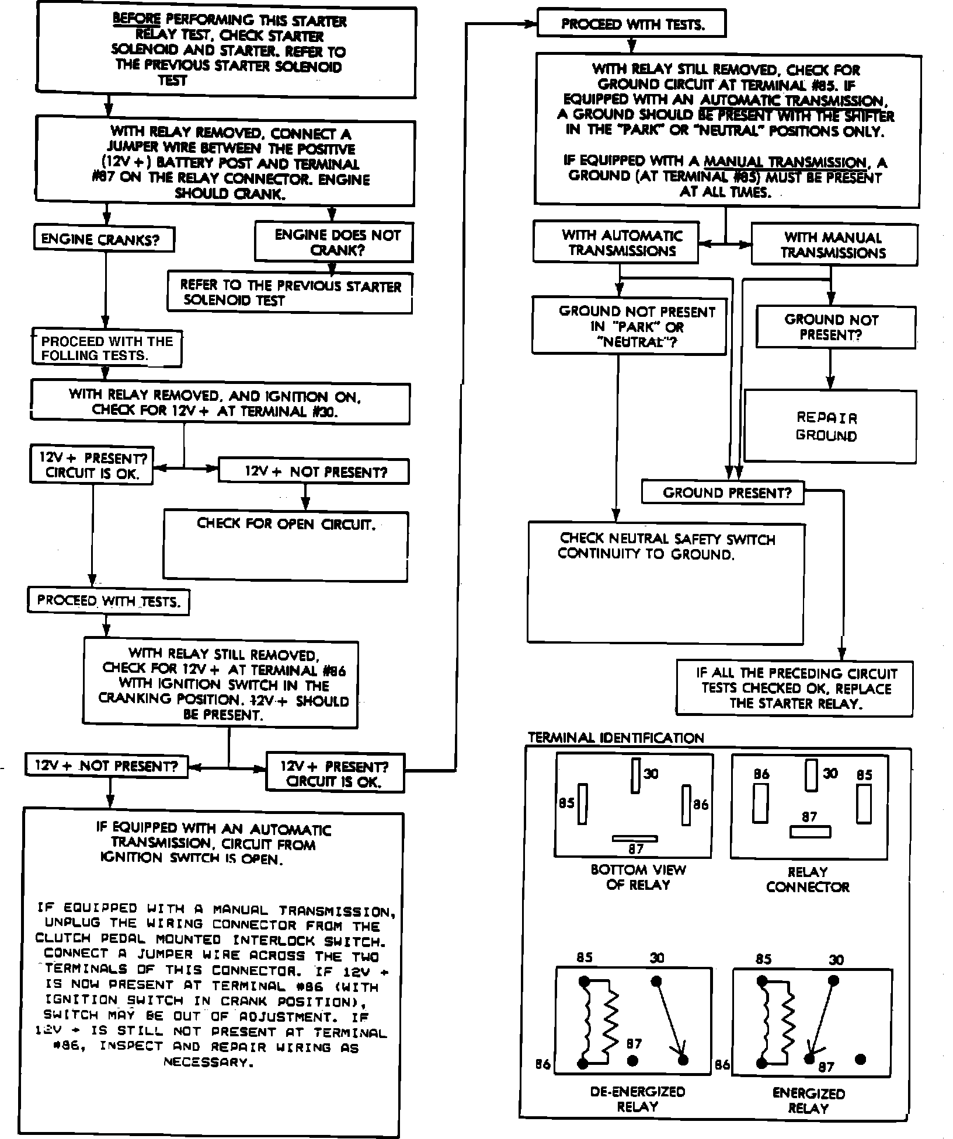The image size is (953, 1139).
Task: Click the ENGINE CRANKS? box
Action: pyautogui.click(x=104, y=239)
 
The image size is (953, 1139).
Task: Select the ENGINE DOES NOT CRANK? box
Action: pyautogui.click(x=334, y=242)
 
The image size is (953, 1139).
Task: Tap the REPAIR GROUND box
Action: pyautogui.click(x=829, y=427)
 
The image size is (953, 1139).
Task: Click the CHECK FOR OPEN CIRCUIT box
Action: pyautogui.click(x=286, y=546)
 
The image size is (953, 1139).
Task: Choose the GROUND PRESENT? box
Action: pyautogui.click(x=723, y=493)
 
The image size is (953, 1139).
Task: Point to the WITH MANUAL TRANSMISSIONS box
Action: pyautogui.click(x=834, y=245)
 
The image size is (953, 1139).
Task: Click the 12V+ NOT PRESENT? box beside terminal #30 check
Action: pyautogui.click(x=314, y=471)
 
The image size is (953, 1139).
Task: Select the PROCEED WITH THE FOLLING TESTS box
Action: pyautogui.click(x=107, y=348)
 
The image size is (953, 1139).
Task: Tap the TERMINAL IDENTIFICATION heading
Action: pyautogui.click(x=616, y=738)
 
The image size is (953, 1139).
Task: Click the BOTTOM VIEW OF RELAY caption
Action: pyautogui.click(x=638, y=877)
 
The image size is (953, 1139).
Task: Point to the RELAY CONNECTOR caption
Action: pyautogui.click(x=808, y=879)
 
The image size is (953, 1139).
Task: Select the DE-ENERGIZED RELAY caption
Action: pyautogui.click(x=637, y=1099)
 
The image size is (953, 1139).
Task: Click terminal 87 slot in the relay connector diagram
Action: pyautogui.click(x=809, y=831)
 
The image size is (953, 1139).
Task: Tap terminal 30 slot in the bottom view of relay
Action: pyautogui.click(x=636, y=775)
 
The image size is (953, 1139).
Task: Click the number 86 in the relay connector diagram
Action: pyautogui.click(x=761, y=774)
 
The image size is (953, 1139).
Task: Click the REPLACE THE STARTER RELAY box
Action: pyautogui.click(x=795, y=688)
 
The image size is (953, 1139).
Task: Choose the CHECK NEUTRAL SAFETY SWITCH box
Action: pyautogui.click(x=666, y=582)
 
